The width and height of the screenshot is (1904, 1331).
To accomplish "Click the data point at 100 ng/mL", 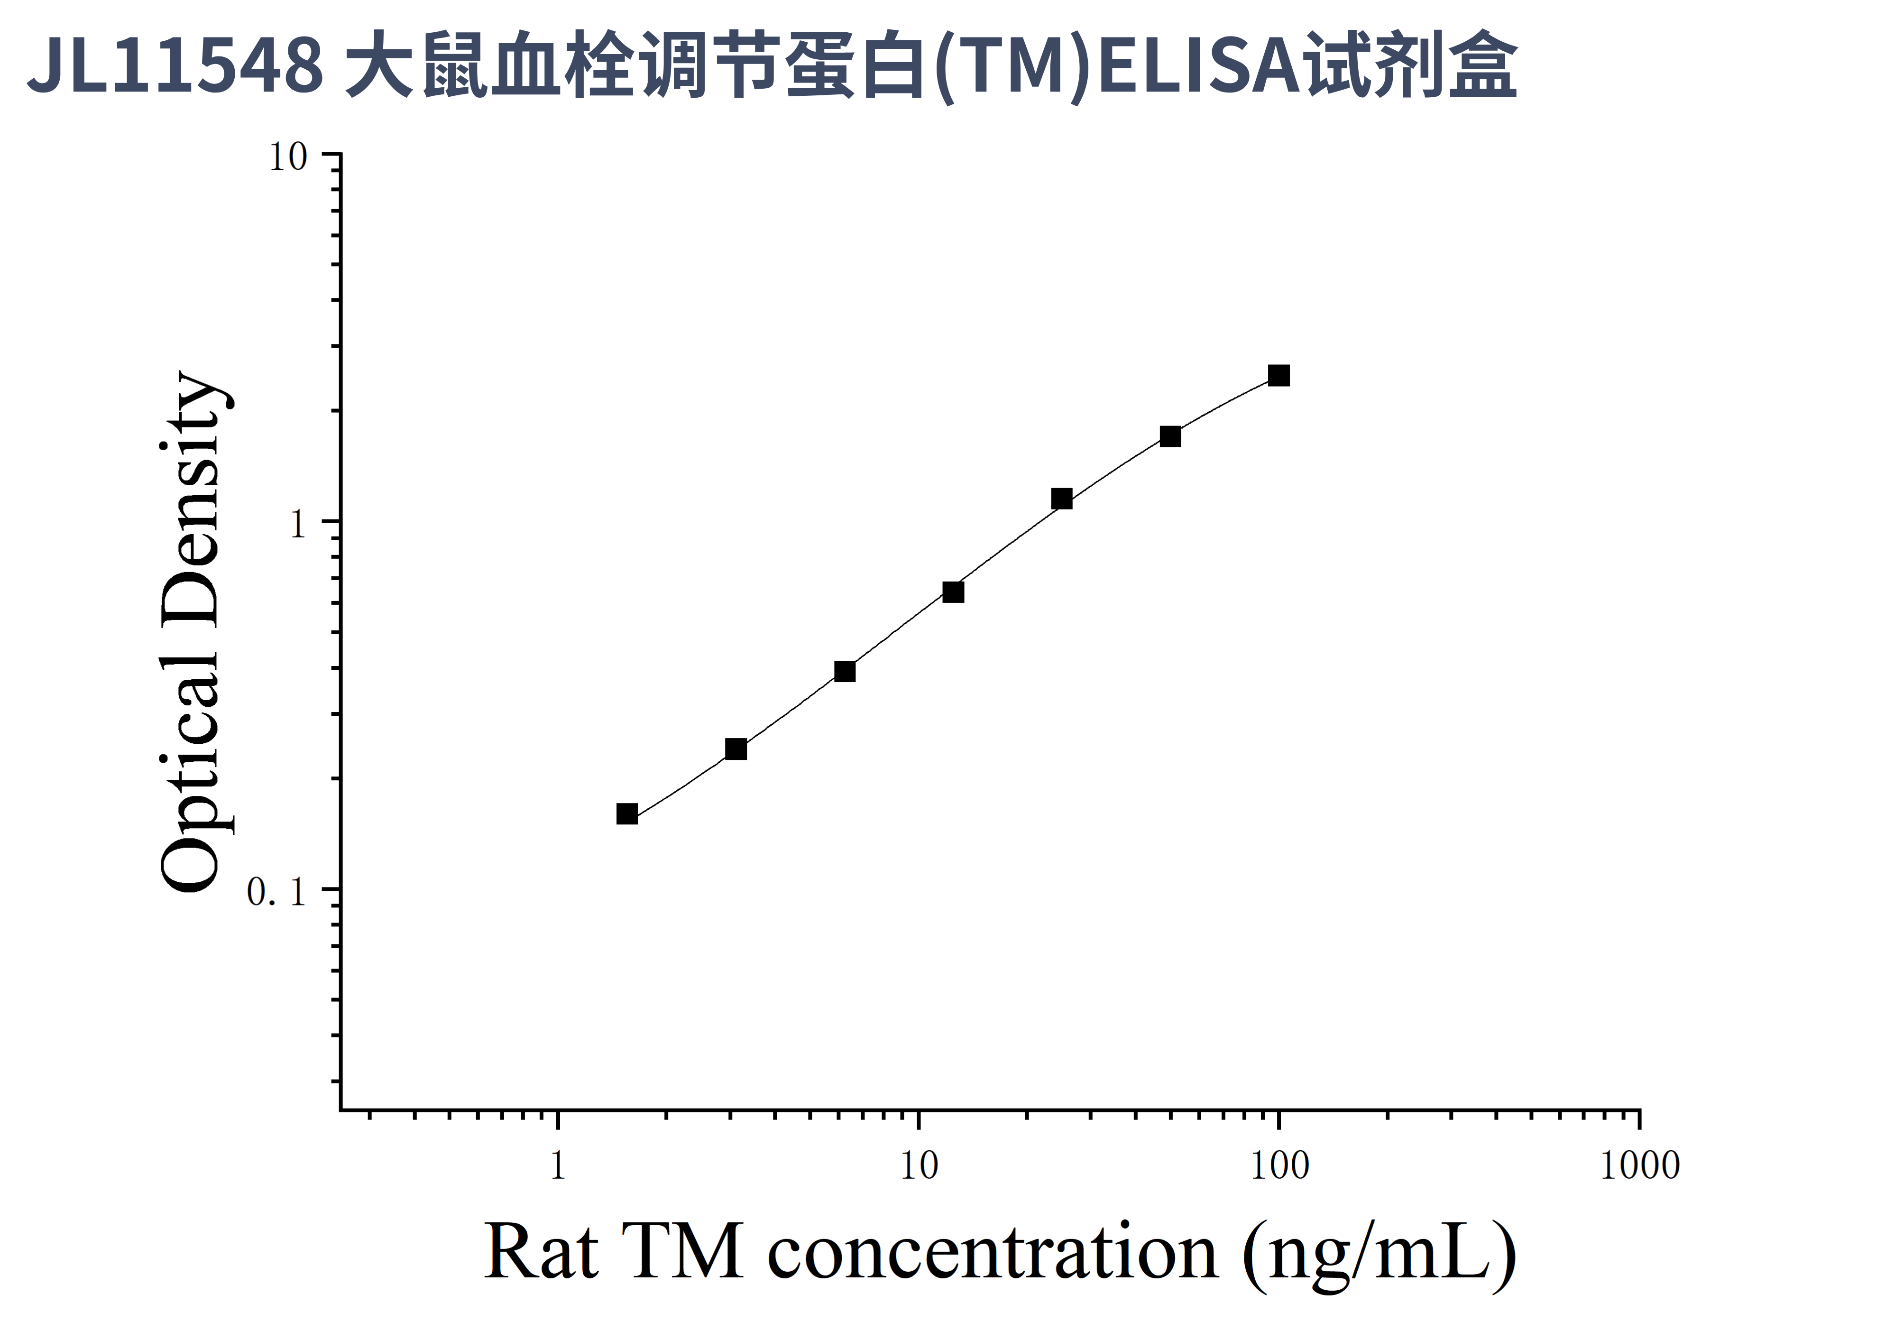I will (1279, 376).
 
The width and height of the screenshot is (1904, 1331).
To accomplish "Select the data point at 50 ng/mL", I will (1170, 436).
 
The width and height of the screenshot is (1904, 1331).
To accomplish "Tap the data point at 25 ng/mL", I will (1061, 499).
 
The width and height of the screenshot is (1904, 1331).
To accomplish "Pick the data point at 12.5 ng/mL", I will (953, 592).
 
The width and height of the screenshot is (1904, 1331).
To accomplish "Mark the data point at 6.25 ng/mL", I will (844, 671).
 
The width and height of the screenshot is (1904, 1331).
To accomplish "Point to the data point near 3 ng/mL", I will (736, 749).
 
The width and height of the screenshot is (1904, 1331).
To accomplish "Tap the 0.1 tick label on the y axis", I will (276, 892).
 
